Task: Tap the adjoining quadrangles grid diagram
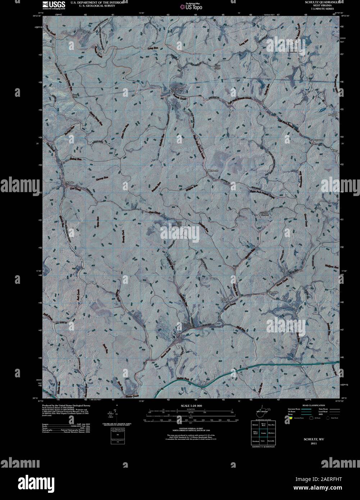[263, 432]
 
